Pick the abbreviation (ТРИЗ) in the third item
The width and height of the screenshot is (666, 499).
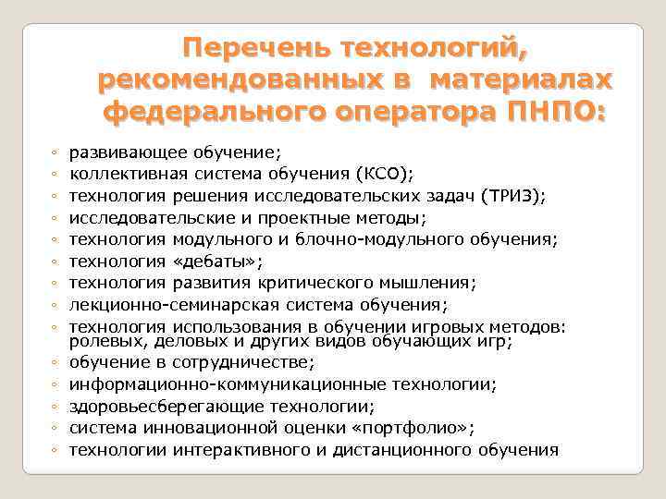click(x=514, y=196)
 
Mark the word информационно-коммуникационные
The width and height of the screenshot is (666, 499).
click(x=205, y=383)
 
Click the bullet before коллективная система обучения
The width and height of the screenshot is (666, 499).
click(x=56, y=175)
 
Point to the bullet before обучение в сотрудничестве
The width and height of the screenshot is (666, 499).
click(x=56, y=363)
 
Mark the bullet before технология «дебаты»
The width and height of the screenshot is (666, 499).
click(x=56, y=262)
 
